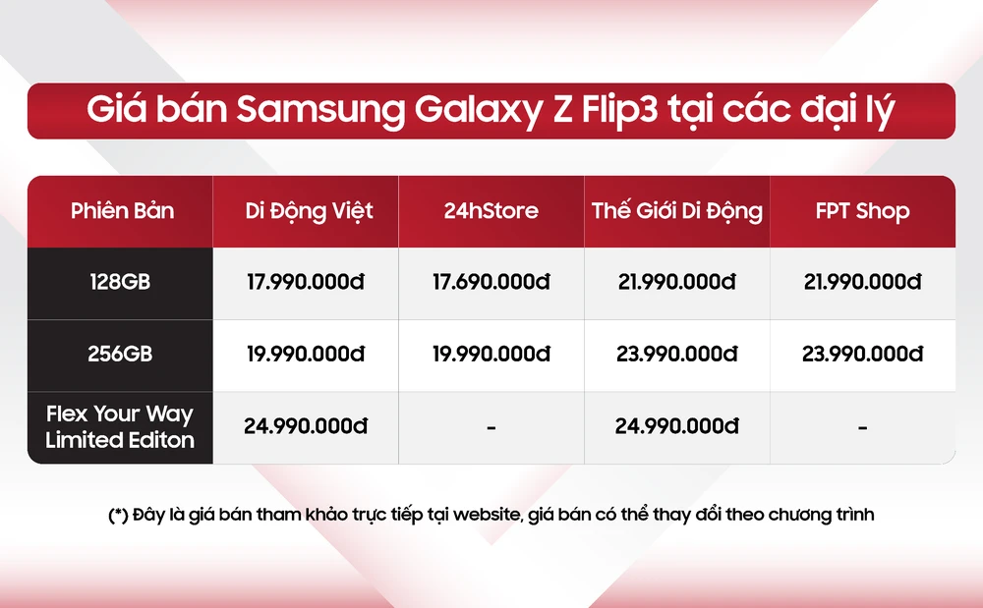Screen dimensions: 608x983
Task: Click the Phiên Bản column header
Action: click(122, 211)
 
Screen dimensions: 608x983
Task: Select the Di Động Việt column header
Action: click(309, 211)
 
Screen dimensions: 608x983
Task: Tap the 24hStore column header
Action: click(491, 211)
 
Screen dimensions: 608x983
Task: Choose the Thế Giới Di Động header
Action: click(676, 211)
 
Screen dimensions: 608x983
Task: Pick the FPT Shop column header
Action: click(862, 211)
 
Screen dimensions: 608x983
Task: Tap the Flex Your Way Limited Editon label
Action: click(120, 426)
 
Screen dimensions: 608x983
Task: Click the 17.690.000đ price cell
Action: click(491, 282)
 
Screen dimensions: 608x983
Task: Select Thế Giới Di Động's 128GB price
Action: click(676, 282)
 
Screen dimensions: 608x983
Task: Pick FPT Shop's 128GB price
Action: click(862, 282)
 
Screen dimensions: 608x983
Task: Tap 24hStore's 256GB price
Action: click(491, 354)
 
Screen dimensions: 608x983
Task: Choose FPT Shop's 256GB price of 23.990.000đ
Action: click(862, 354)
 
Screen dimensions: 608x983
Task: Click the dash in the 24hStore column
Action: click(491, 427)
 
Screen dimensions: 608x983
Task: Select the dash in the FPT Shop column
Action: click(862, 427)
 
